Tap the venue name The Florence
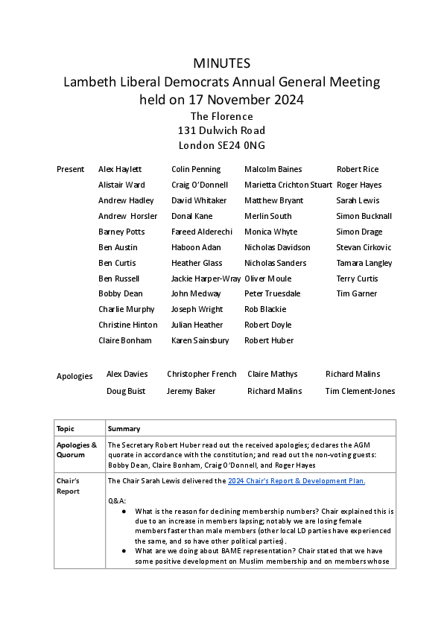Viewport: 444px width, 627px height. click(221, 116)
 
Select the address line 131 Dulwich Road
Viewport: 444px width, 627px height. click(221, 130)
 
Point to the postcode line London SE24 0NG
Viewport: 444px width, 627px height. click(221, 145)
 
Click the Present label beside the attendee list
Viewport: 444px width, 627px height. click(70, 170)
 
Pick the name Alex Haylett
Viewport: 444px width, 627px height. click(120, 170)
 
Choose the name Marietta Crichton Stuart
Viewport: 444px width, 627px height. click(288, 185)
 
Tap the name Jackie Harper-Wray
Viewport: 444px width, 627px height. click(206, 279)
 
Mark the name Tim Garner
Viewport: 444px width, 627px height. click(356, 294)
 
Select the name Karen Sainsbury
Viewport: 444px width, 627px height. click(200, 341)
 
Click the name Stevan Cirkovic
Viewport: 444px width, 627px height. click(364, 247)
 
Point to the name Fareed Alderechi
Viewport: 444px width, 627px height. click(202, 232)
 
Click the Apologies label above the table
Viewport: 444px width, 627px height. click(74, 377)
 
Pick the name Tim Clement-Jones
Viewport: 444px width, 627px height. click(360, 392)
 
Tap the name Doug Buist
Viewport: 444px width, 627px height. click(125, 392)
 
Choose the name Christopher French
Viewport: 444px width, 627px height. click(201, 375)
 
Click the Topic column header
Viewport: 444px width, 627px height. click(66, 429)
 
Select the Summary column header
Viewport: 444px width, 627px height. click(124, 429)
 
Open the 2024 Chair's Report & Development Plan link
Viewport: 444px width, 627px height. click(296, 481)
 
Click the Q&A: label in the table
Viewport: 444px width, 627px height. click(117, 500)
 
